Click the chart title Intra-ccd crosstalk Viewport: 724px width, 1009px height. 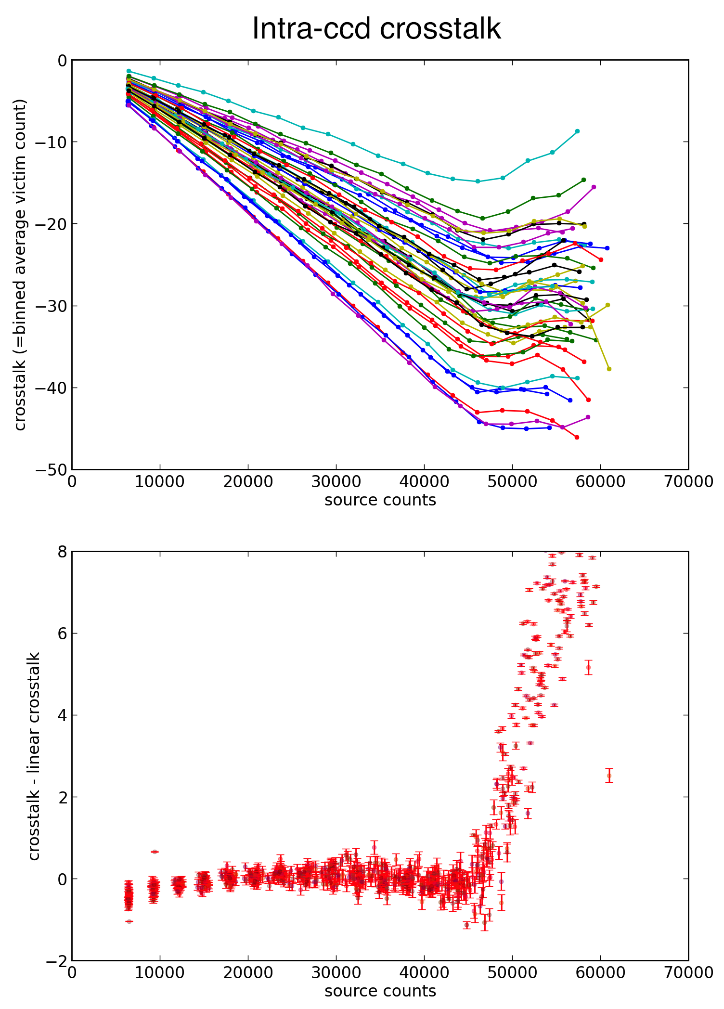376,29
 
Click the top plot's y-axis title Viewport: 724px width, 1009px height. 20,265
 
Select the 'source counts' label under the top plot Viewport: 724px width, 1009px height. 380,500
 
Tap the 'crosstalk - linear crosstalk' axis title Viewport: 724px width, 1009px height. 34,756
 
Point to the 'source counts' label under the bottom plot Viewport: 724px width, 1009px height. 380,991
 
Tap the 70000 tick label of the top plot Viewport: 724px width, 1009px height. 688,482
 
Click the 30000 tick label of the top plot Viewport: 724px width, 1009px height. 336,482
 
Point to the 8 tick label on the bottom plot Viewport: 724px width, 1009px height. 62,552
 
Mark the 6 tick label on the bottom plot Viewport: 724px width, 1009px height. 62,634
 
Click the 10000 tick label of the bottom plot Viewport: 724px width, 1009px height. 160,973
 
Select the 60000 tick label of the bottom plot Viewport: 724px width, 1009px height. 600,973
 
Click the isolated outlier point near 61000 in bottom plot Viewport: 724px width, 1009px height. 609,776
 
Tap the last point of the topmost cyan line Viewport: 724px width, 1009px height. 577,131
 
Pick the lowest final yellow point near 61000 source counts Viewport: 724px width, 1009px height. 609,369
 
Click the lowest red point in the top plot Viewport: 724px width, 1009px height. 577,437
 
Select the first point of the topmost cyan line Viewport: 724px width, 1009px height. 129,71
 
